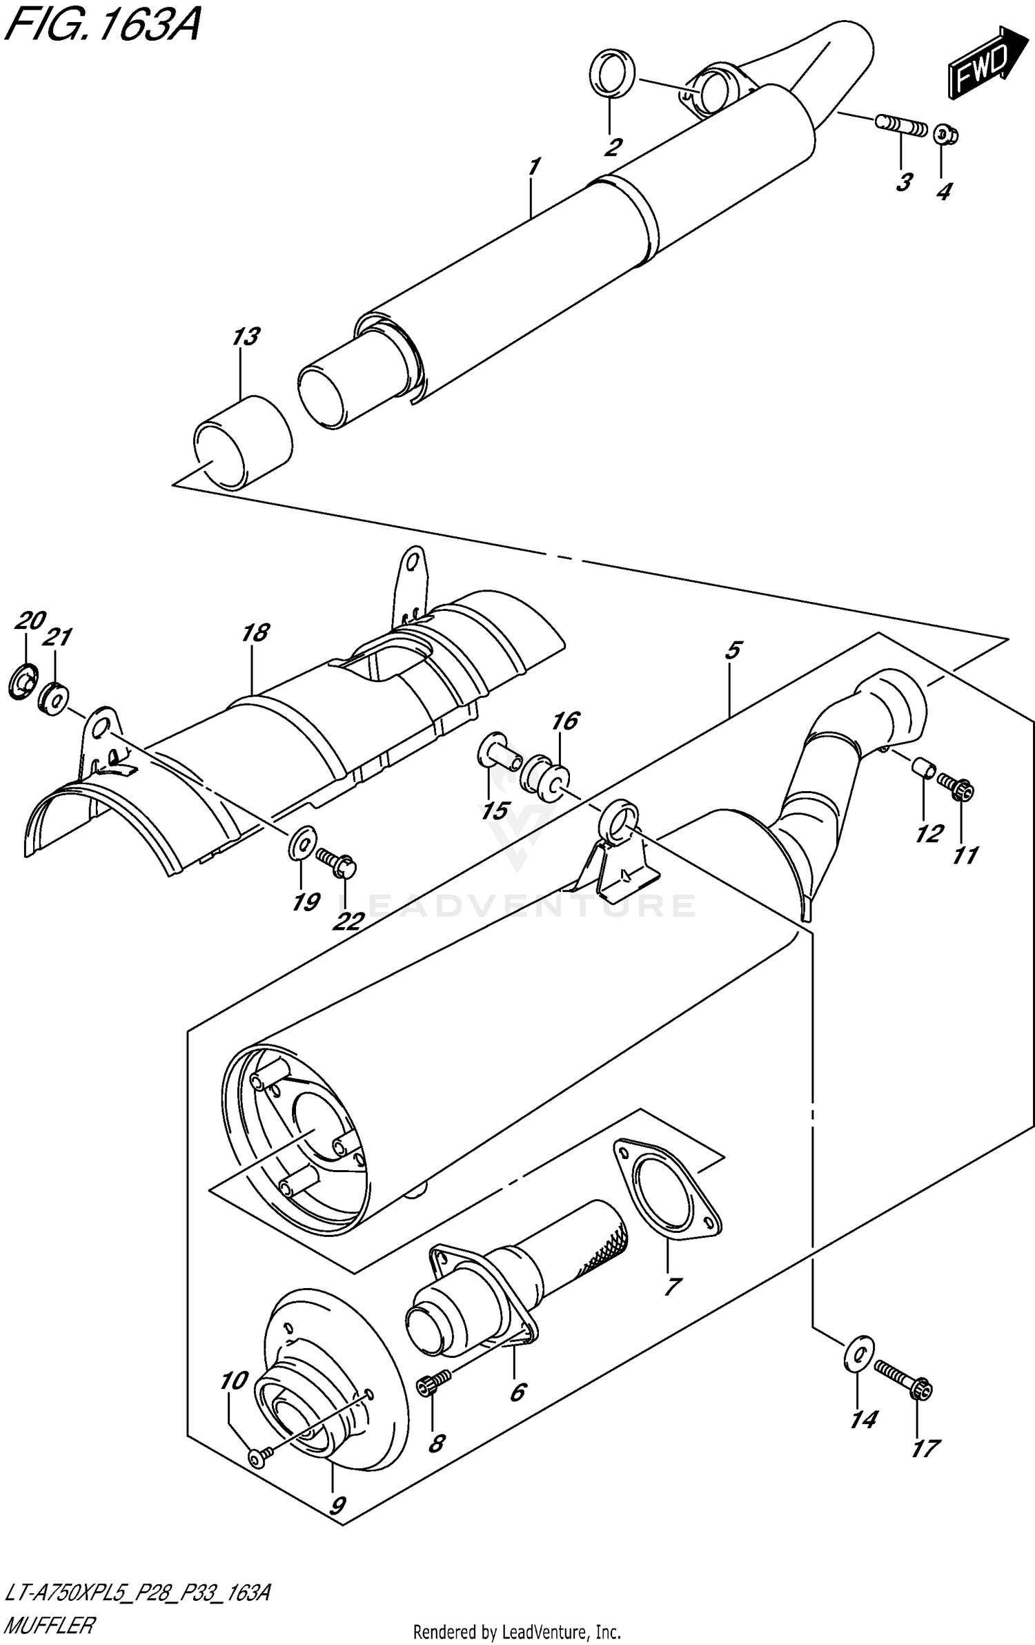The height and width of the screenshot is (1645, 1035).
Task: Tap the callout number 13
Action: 246,337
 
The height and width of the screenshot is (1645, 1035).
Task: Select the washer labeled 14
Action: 858,1355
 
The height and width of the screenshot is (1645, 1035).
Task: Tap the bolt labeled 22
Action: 336,862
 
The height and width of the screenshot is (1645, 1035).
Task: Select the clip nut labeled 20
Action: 23,682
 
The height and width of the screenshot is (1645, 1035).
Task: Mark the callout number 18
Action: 256,632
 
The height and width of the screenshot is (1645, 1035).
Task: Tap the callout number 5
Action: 733,650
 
